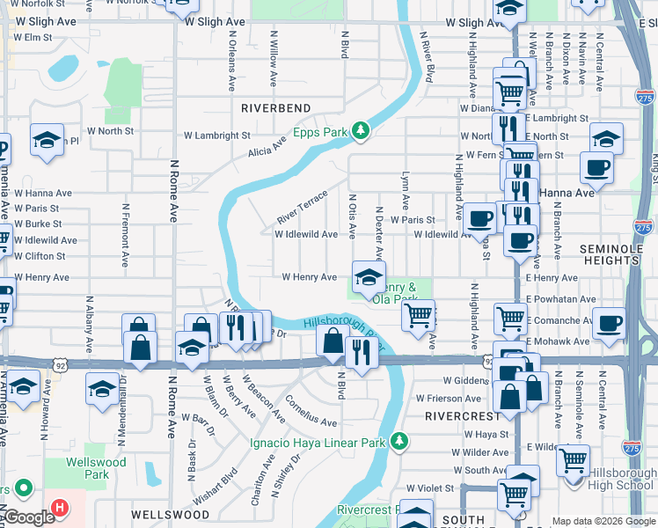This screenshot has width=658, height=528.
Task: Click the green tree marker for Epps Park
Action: click(360, 131)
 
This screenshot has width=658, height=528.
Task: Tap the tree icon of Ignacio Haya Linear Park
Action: click(398, 440)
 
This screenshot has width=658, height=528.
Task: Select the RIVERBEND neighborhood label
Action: click(276, 107)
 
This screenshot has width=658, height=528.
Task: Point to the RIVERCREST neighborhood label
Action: click(456, 414)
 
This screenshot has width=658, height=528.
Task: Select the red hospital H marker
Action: click(59, 508)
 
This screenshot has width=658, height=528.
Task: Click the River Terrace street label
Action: click(302, 206)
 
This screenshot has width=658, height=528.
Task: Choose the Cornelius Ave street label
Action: click(311, 409)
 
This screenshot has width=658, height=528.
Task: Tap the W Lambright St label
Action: click(216, 136)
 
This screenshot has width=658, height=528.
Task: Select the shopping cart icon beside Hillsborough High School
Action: click(573, 458)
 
